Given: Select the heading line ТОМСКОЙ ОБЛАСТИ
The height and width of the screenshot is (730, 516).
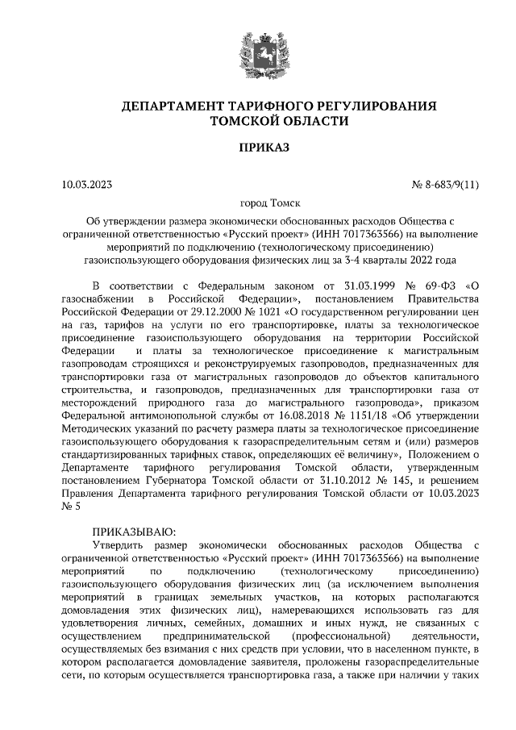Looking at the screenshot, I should [257, 122].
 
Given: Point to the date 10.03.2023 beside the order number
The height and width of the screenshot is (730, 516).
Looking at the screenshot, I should [86, 186].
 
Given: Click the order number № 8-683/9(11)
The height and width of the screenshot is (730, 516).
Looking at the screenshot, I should [446, 186].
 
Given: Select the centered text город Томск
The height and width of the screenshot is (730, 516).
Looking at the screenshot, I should [257, 205].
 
